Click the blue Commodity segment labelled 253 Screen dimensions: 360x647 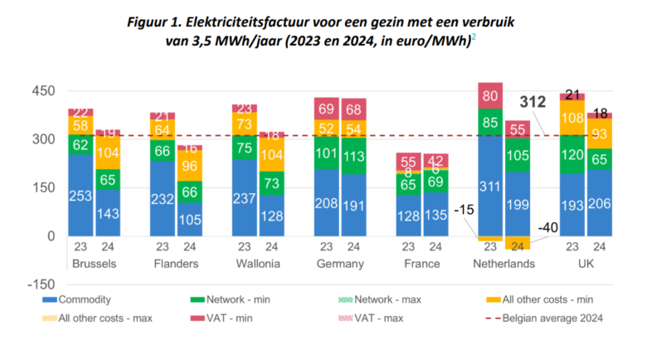coord(81,196)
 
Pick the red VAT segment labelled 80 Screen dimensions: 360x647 coord(489,96)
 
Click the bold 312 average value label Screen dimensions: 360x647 coord(533,103)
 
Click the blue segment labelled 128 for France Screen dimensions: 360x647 coord(408,215)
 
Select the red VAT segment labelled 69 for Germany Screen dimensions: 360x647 coord(326,109)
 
